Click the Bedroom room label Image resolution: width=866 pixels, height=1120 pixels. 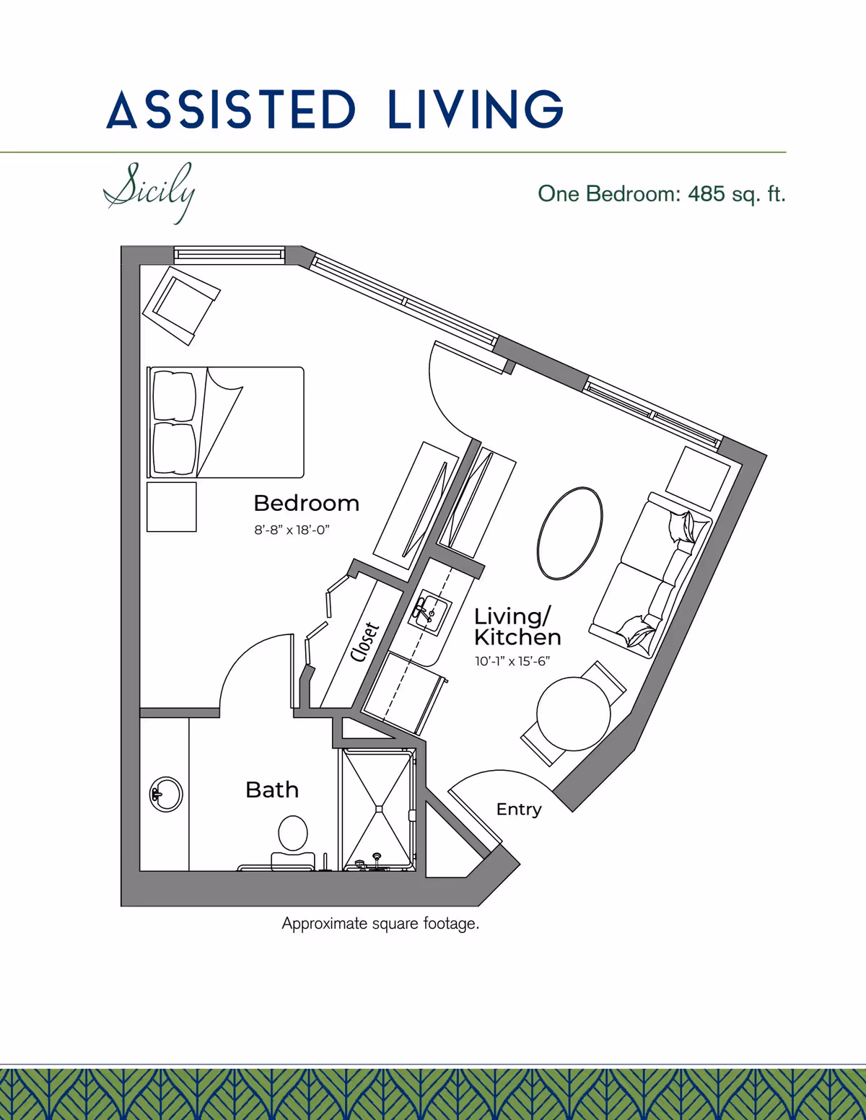307,504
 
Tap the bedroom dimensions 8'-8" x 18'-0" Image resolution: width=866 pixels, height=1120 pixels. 292,530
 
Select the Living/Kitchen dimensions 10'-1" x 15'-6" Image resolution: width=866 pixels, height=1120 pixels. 512,661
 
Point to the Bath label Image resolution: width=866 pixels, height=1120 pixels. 272,790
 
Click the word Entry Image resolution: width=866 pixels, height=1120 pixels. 519,810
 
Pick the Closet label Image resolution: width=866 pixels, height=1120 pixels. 364,642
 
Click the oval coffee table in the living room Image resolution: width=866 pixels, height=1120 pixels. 570,533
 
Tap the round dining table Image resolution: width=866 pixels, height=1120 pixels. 574,714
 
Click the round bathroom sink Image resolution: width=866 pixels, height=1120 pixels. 166,795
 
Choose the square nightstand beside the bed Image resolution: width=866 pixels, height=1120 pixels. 172,507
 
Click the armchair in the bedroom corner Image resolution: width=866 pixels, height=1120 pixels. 181,306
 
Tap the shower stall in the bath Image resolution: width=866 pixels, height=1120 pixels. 378,810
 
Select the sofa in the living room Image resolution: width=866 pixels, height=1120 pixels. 651,574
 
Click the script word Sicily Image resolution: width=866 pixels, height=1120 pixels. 149,193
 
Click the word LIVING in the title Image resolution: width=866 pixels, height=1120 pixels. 476,109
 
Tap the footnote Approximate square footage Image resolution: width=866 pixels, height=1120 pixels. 380,924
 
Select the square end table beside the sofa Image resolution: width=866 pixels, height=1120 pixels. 698,478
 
